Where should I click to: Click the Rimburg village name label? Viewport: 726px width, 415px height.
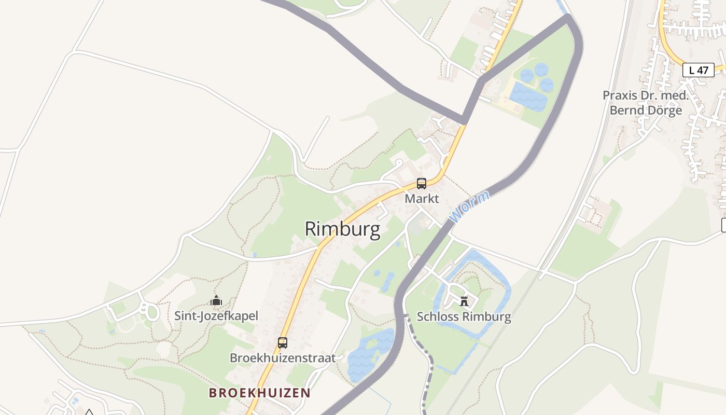[342, 229]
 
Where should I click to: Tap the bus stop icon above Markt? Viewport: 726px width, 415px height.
[422, 183]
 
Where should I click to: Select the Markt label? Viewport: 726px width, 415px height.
[422, 199]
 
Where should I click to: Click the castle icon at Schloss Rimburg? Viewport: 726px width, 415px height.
[464, 301]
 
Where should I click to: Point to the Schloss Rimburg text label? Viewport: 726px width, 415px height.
[464, 316]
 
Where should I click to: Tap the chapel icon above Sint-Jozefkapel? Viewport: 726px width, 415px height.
[216, 300]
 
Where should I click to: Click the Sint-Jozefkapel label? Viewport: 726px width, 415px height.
[216, 315]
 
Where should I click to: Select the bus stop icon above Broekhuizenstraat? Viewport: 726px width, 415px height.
[283, 342]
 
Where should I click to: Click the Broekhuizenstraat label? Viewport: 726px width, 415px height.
[283, 358]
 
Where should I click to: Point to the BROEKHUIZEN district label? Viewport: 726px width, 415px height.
[260, 393]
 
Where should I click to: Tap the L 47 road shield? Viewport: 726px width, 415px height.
[698, 70]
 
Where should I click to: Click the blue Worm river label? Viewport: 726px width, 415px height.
[469, 207]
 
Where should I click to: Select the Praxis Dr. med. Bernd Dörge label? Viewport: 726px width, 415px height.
[646, 103]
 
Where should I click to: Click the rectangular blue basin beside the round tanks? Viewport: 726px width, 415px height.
[527, 96]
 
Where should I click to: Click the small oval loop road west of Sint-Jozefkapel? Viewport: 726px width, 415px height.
[151, 312]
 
